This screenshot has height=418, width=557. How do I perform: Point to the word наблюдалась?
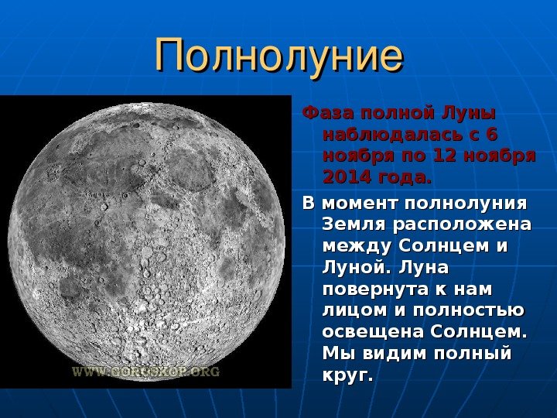coord(391,135)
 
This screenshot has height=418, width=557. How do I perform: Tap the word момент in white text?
coord(360,204)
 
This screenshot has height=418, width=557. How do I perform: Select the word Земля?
coord(355,225)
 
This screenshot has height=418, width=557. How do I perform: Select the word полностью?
coord(469,310)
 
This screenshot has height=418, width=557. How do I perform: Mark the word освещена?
coord(374,332)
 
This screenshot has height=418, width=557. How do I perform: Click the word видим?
coord(394,353)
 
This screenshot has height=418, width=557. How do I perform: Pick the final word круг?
coord(348,375)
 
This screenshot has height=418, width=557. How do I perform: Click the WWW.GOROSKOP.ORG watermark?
coord(146,372)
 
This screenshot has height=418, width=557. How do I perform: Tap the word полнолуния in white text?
coord(466,204)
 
